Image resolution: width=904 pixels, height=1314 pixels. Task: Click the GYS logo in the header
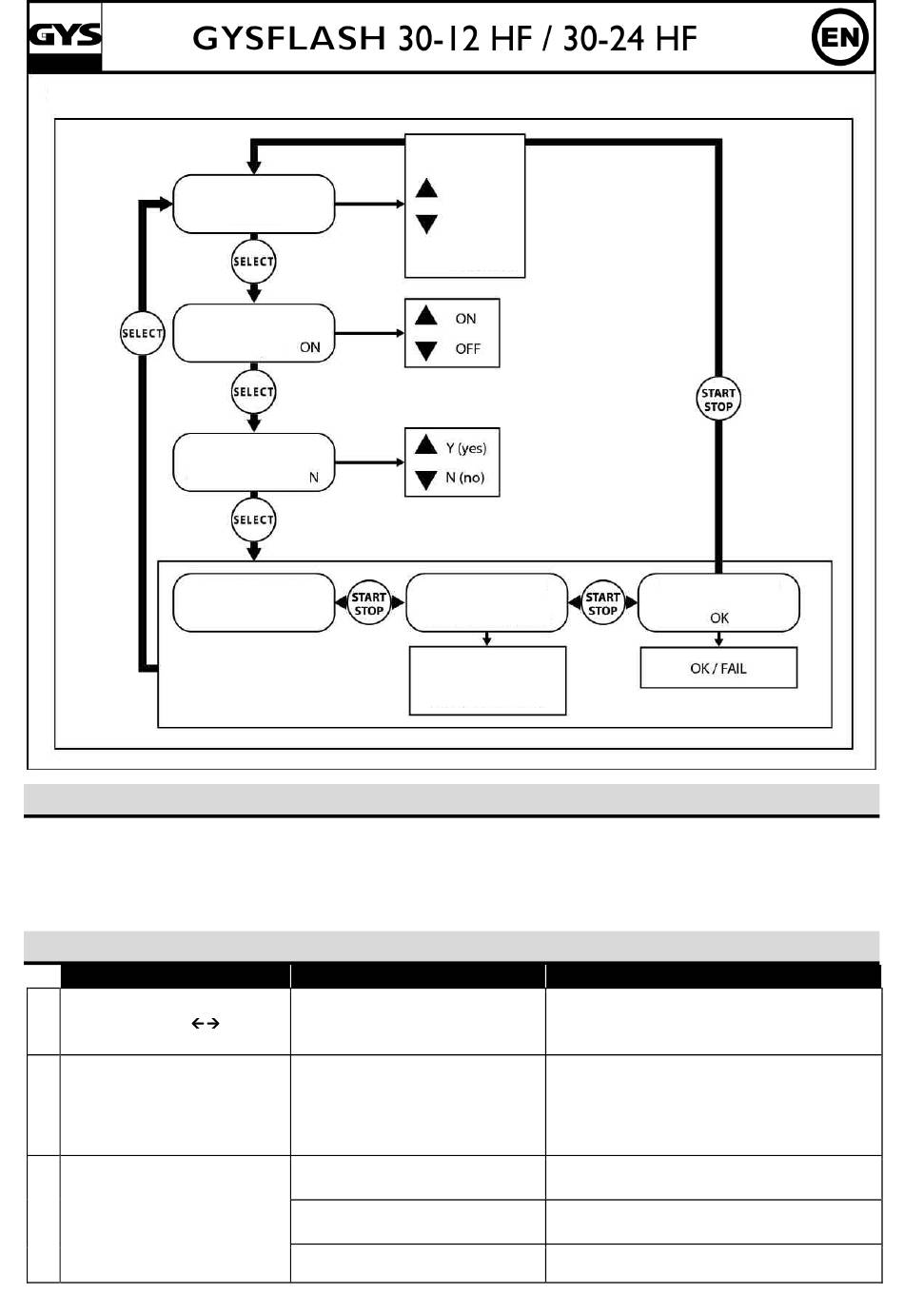65,36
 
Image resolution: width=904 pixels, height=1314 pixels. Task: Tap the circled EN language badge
839,38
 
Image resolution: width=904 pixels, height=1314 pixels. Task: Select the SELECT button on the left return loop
142,333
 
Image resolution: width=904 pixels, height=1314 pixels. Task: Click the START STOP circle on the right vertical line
717,400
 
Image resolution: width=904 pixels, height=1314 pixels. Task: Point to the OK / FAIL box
718,668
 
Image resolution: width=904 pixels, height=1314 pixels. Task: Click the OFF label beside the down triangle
467,349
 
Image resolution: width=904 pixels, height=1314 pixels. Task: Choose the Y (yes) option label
465,448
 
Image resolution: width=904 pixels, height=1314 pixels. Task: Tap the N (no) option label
464,478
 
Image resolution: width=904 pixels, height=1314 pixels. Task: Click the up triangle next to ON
426,316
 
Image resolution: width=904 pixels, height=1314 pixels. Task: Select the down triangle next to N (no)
426,480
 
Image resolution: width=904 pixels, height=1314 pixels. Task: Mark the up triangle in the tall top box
426,188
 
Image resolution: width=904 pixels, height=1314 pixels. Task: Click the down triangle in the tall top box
426,224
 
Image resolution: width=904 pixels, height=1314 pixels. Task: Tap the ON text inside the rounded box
310,347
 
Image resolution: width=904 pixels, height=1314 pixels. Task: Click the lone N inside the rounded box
314,478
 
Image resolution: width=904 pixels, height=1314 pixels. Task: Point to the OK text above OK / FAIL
719,618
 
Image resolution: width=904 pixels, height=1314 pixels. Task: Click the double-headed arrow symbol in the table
206,1024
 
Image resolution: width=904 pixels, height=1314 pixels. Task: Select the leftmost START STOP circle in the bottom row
368,603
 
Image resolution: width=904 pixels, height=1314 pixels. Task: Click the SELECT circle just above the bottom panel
253,520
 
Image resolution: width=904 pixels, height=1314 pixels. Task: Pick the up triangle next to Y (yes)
426,444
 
